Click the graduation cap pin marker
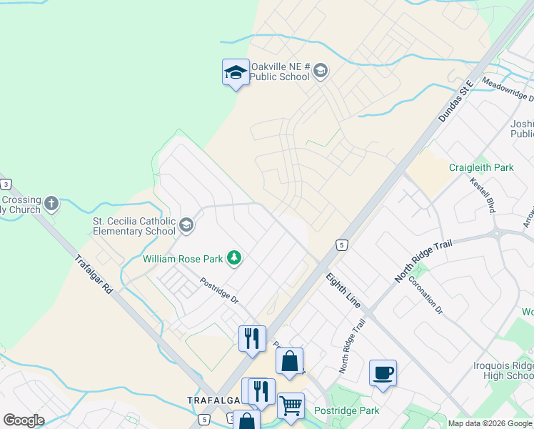[236, 73]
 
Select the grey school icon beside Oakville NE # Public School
[320, 70]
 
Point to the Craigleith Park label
[481, 168]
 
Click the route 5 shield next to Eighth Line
[343, 245]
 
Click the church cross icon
[51, 204]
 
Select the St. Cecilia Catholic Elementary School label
[134, 226]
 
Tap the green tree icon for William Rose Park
[233, 257]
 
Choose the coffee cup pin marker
[383, 373]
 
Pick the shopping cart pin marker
[291, 405]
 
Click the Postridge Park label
[346, 410]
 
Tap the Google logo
[24, 420]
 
